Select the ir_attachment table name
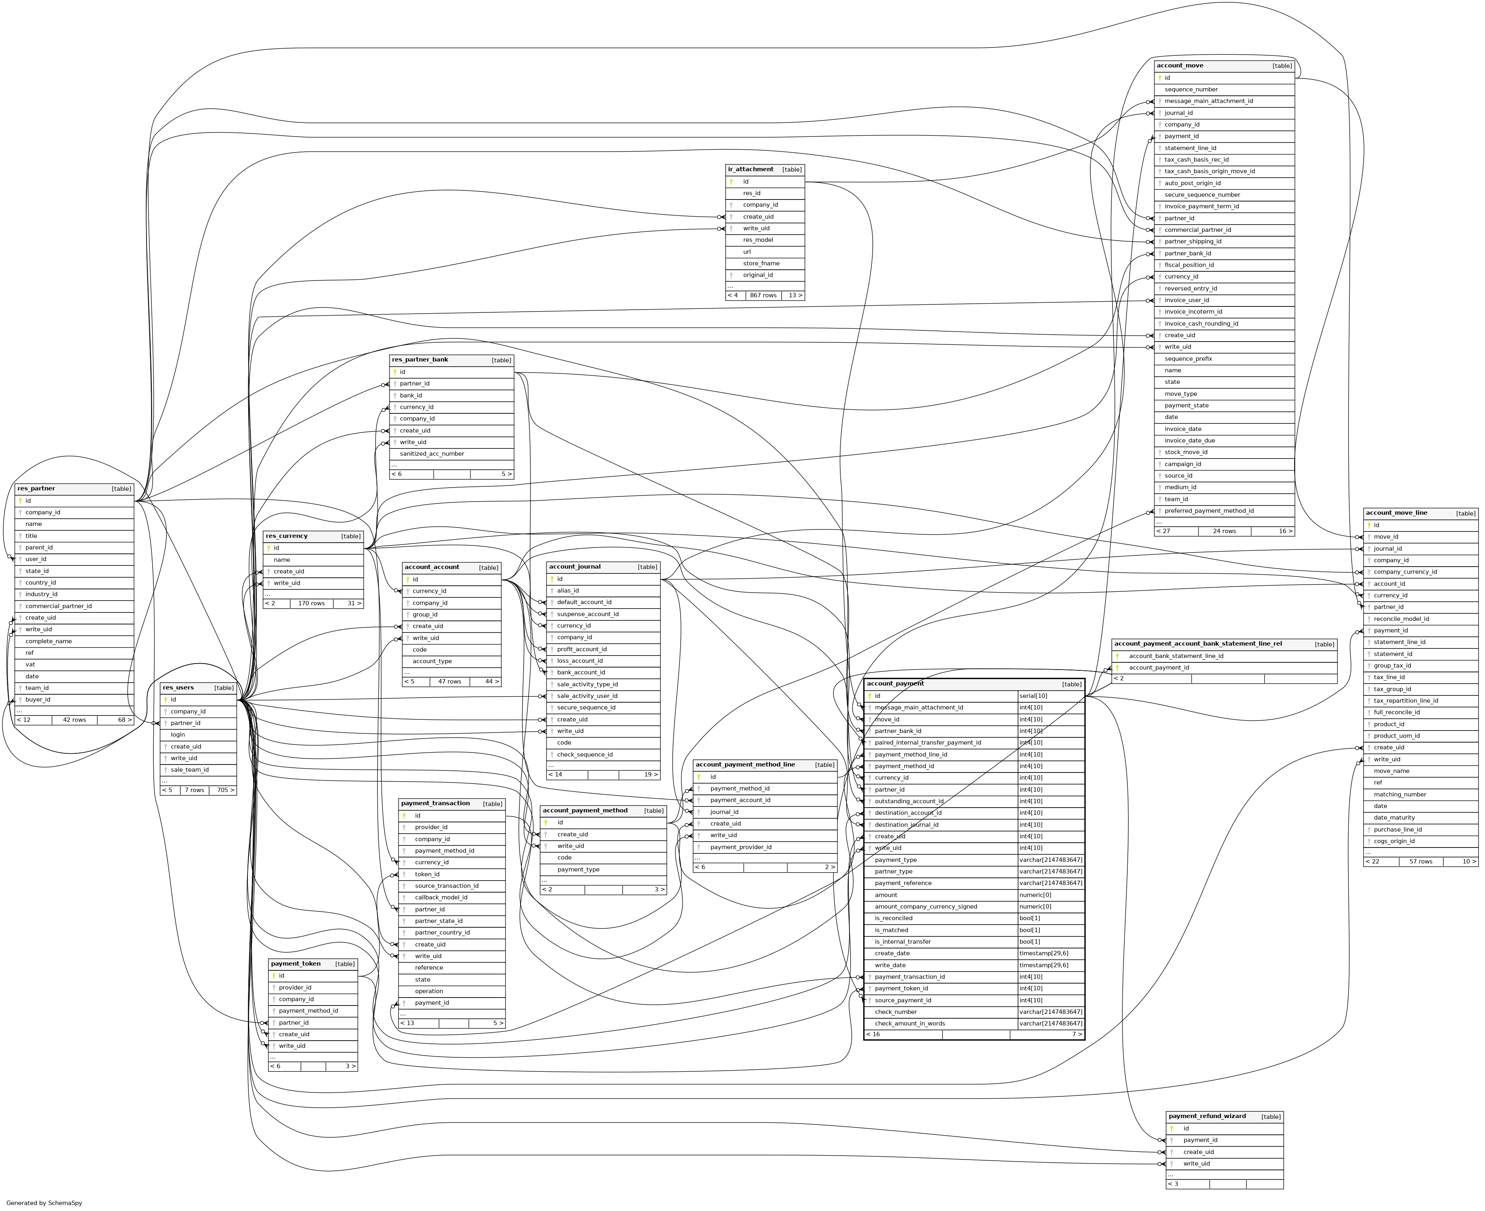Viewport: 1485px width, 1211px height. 750,170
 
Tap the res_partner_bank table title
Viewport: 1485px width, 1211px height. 420,360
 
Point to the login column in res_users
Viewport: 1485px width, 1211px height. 178,735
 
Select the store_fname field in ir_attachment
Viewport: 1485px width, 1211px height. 760,264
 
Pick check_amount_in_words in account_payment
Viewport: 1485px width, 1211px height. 909,1023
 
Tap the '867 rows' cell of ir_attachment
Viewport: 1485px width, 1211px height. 763,296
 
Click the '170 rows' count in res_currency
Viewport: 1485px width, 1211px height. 311,603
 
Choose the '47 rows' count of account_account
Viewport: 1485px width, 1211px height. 449,682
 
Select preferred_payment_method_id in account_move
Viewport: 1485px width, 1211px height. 1209,511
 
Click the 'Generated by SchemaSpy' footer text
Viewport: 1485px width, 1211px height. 44,1203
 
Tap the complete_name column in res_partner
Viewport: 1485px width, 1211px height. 48,641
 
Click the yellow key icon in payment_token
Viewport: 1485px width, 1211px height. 273,976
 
